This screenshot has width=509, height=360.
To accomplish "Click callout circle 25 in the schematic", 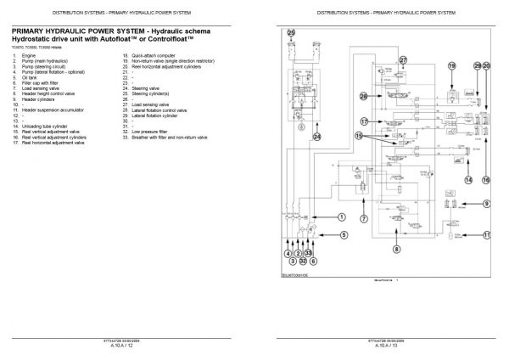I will tap(293, 33).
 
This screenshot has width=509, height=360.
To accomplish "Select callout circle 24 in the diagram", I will tap(317, 136).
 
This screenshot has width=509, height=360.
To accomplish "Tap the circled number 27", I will tap(404, 60).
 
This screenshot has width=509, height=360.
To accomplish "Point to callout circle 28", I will tap(364, 96).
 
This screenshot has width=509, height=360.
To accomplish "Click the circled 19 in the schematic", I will tap(452, 65).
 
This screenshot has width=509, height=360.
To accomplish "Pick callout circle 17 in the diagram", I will tap(364, 121).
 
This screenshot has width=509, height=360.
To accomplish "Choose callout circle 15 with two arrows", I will tap(360, 136).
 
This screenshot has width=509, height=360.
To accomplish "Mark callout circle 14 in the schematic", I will tap(467, 179).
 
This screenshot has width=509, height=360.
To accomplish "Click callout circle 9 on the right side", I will tap(487, 203).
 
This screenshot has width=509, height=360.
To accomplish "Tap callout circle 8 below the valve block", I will tap(395, 249).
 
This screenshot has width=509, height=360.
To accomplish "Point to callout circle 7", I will tap(363, 219).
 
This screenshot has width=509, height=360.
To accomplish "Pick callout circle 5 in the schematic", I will tap(344, 234).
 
